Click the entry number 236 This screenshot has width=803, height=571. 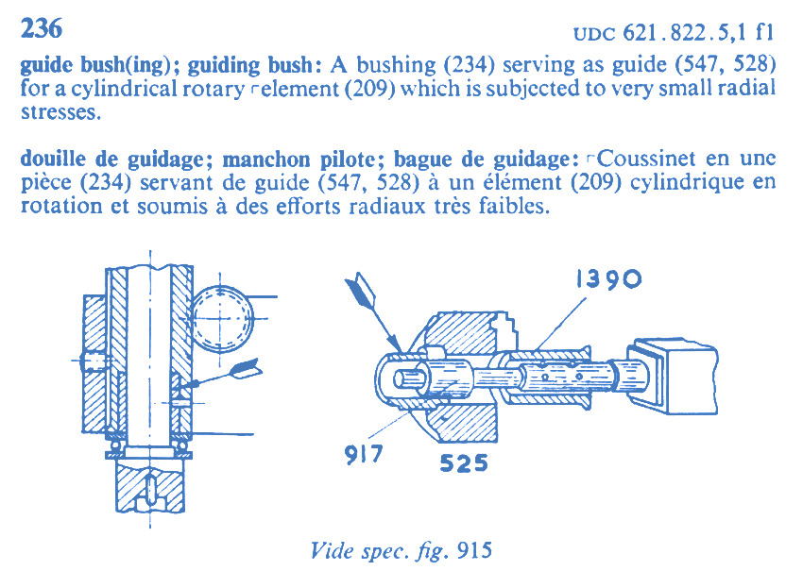point(42,28)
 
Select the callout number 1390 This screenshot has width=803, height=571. point(608,278)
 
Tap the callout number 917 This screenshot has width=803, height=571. point(364,454)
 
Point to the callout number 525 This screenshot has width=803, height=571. point(464,463)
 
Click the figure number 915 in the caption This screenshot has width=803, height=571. point(475,550)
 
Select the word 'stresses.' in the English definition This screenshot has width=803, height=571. point(61,111)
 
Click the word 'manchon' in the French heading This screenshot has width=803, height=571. point(266,160)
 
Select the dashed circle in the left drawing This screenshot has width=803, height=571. point(223,318)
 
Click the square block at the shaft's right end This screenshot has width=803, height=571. point(672,376)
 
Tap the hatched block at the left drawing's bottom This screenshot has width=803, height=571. point(150,486)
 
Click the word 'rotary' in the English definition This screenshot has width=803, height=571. point(214,89)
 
